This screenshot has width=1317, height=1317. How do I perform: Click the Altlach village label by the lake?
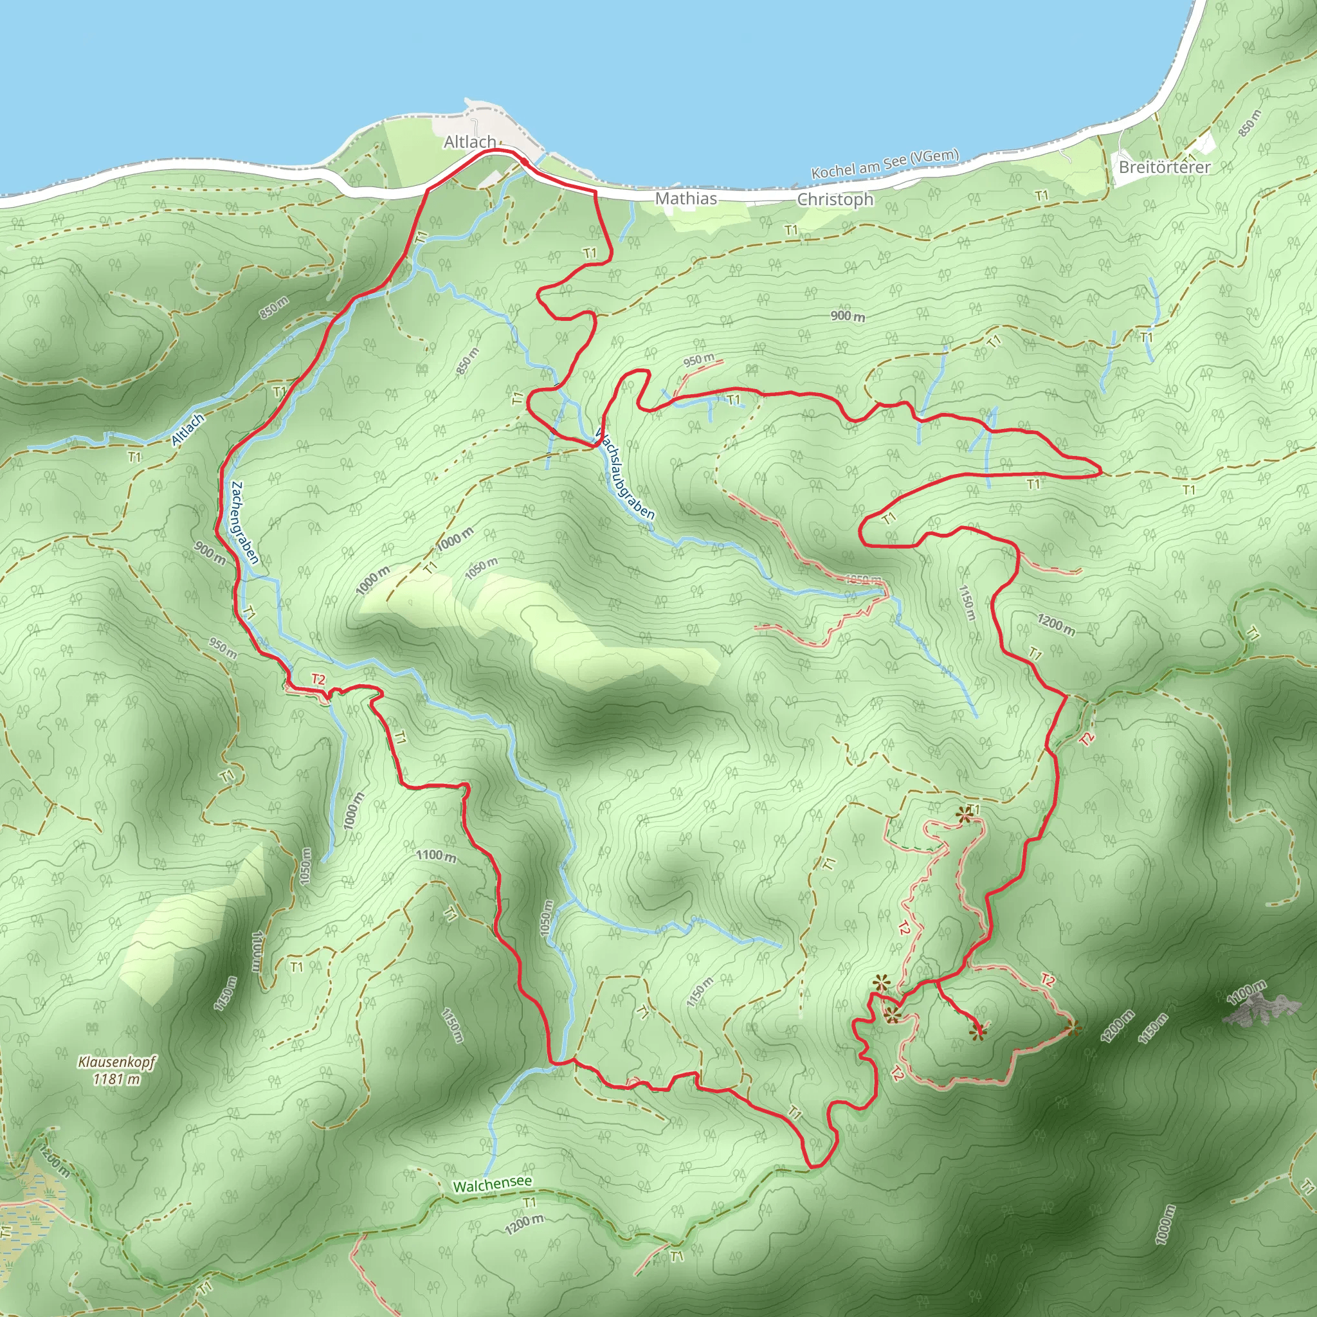tap(469, 141)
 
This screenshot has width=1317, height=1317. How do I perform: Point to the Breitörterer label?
tap(1165, 167)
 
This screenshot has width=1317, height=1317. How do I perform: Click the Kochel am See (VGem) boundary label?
tap(885, 163)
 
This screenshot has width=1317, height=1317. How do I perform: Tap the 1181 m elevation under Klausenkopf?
tap(117, 1078)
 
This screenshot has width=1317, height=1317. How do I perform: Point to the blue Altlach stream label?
tap(188, 430)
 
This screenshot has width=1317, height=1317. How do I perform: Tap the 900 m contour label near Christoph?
tap(848, 316)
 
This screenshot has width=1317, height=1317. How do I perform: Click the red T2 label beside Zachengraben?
tap(318, 679)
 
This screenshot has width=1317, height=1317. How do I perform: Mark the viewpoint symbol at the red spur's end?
tap(978, 1032)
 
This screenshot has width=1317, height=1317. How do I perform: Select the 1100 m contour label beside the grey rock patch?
tap(1247, 993)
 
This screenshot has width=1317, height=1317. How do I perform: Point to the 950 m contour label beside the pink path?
tap(699, 359)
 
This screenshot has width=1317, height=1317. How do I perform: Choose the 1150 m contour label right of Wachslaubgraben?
tap(967, 603)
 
